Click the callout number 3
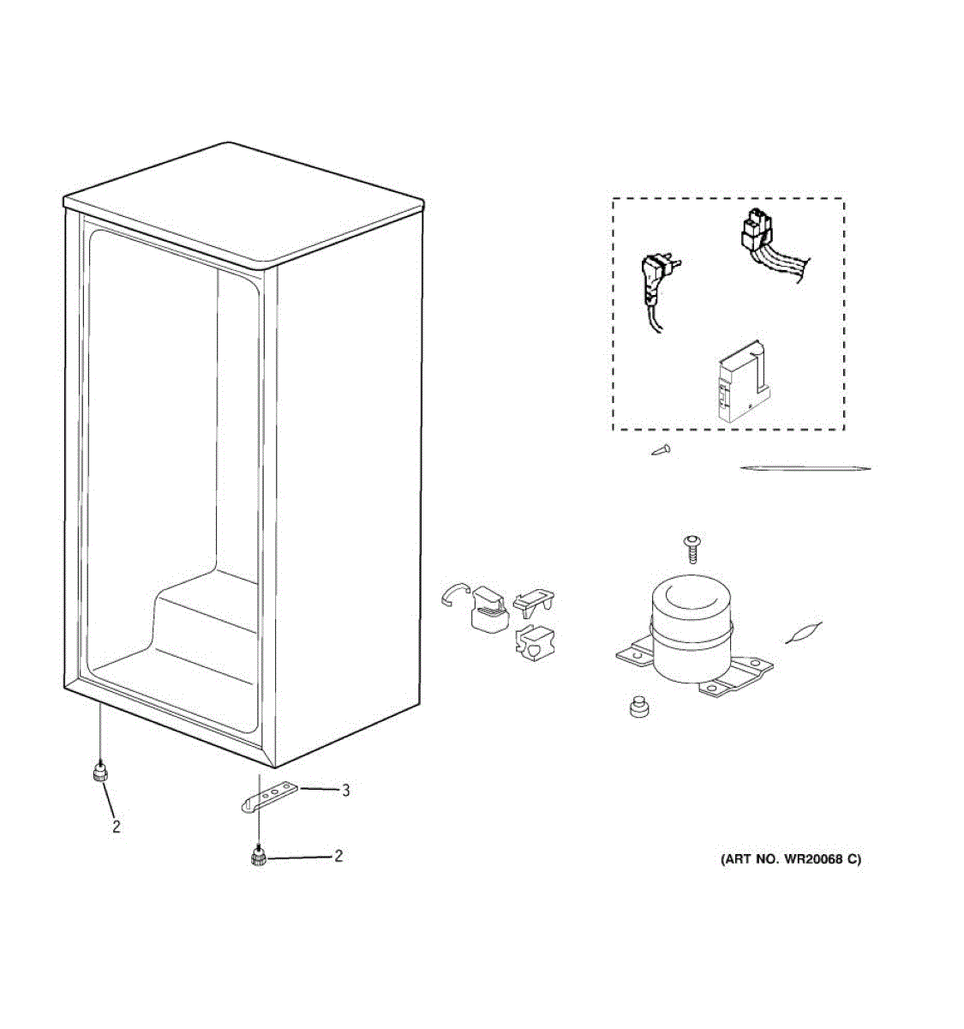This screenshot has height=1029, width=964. coord(345,791)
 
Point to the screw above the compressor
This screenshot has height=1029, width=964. coord(691,543)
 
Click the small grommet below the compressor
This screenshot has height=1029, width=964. coord(638,707)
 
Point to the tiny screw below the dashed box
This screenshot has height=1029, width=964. coord(661,449)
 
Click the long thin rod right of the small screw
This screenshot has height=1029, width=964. coord(805,468)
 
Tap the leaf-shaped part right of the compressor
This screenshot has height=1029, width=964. coord(805,633)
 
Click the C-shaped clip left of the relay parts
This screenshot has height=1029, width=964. coord(452,594)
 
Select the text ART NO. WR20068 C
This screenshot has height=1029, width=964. coord(790,859)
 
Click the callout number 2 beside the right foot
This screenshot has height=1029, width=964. coord(338,856)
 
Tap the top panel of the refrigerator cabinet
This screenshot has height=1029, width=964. coord(244,202)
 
